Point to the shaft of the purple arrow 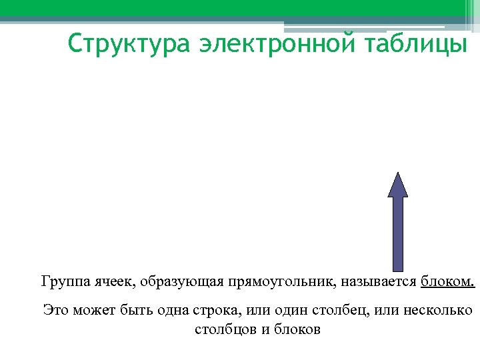[x=398, y=233]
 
